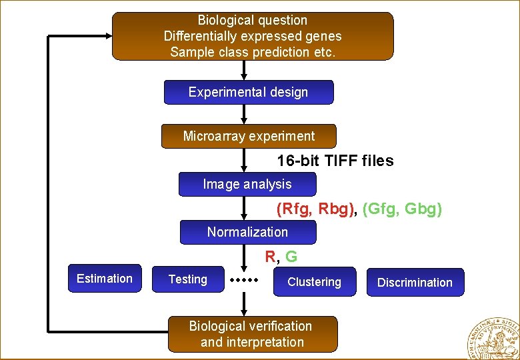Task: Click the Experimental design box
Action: [248, 93]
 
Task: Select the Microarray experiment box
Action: [249, 136]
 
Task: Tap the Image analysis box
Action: [247, 184]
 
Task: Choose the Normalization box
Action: [247, 232]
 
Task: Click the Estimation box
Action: [105, 279]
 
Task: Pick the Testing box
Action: [188, 279]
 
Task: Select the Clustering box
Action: [314, 282]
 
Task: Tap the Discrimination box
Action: [415, 282]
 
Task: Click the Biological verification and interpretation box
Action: [251, 334]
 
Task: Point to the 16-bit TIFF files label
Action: [335, 161]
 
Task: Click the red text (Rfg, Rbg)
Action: [315, 209]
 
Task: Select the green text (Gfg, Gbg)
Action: [402, 209]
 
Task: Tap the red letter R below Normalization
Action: [270, 256]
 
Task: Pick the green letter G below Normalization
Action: [291, 256]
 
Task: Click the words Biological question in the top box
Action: [253, 21]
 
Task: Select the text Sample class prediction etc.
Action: [253, 52]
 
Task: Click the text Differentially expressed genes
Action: [253, 36]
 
